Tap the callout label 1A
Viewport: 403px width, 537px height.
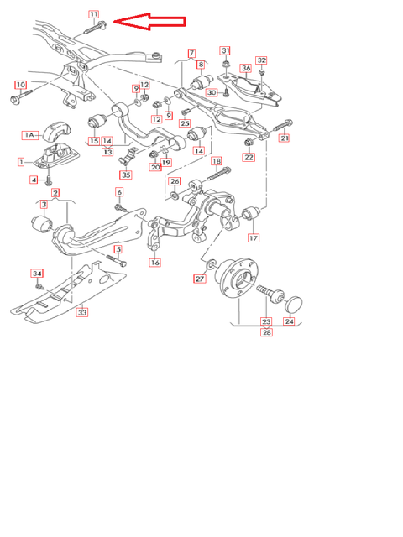pyautogui.click(x=30, y=134)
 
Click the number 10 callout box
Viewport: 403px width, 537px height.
pyautogui.click(x=21, y=85)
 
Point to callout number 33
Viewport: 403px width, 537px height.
pyautogui.click(x=82, y=312)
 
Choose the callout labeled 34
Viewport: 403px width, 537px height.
pyautogui.click(x=37, y=274)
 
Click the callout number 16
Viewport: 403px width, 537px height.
pyautogui.click(x=155, y=263)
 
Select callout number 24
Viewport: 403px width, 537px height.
pyautogui.click(x=290, y=321)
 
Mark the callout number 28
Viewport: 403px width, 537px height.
pyautogui.click(x=267, y=332)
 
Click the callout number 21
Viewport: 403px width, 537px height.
pyautogui.click(x=285, y=138)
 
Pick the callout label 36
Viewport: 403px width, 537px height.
pyautogui.click(x=246, y=69)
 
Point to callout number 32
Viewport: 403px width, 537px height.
pyautogui.click(x=262, y=60)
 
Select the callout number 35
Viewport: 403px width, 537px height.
pyautogui.click(x=126, y=175)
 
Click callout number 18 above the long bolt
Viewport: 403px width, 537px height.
pyautogui.click(x=217, y=160)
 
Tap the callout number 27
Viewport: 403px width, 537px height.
pyautogui.click(x=200, y=279)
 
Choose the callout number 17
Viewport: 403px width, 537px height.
pyautogui.click(x=253, y=237)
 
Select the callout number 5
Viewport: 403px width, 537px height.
pyautogui.click(x=118, y=249)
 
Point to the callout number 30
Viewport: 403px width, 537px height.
pyautogui.click(x=212, y=92)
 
